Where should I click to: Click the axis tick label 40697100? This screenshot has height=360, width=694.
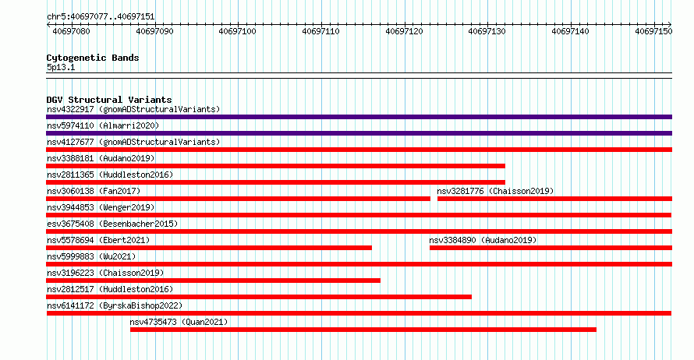pyautogui.click(x=237, y=31)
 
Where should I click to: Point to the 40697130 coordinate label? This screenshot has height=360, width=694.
pyautogui.click(x=487, y=31)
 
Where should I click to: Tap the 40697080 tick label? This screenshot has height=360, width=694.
pyautogui.click(x=71, y=31)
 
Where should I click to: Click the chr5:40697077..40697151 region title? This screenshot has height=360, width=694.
pyautogui.click(x=101, y=17)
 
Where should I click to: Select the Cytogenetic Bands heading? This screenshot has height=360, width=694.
pyautogui.click(x=93, y=58)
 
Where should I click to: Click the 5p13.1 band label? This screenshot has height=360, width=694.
pyautogui.click(x=61, y=67)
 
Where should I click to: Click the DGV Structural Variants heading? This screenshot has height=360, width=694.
pyautogui.click(x=109, y=100)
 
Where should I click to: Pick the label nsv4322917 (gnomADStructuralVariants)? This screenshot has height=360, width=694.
pyautogui.click(x=133, y=109)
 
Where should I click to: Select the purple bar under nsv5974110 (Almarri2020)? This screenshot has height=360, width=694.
pyautogui.click(x=359, y=133)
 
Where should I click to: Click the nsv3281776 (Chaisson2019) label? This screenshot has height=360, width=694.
pyautogui.click(x=495, y=191)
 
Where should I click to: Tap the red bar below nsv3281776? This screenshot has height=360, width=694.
pyautogui.click(x=554, y=199)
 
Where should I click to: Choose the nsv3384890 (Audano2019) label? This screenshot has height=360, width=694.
pyautogui.click(x=483, y=240)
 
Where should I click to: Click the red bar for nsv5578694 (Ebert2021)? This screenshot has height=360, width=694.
pyautogui.click(x=209, y=248)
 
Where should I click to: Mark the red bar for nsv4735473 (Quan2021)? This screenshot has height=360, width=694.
pyautogui.click(x=363, y=330)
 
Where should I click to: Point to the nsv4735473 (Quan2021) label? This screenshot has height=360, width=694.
pyautogui.click(x=179, y=322)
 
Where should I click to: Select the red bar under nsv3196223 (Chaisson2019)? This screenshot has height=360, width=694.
pyautogui.click(x=213, y=281)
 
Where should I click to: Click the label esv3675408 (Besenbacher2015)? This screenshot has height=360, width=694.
pyautogui.click(x=112, y=224)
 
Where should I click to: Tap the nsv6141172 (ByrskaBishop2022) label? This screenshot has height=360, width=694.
pyautogui.click(x=115, y=305)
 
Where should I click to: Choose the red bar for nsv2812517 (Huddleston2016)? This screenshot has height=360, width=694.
pyautogui.click(x=259, y=297)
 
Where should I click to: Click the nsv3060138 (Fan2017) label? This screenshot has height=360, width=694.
pyautogui.click(x=94, y=191)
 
